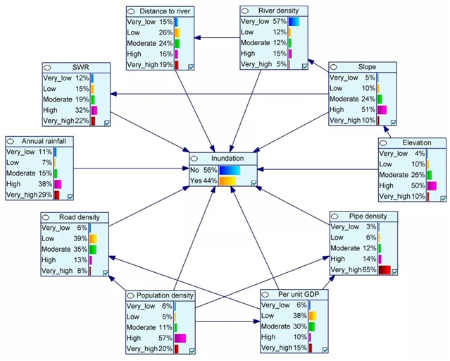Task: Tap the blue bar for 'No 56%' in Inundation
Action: click(230, 170)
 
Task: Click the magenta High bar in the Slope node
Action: click(382, 110)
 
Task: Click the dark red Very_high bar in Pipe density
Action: click(384, 270)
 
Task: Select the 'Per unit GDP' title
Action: click(299, 293)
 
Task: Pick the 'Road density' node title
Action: click(79, 217)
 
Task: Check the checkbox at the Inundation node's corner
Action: click(254, 183)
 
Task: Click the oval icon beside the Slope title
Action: click(336, 68)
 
